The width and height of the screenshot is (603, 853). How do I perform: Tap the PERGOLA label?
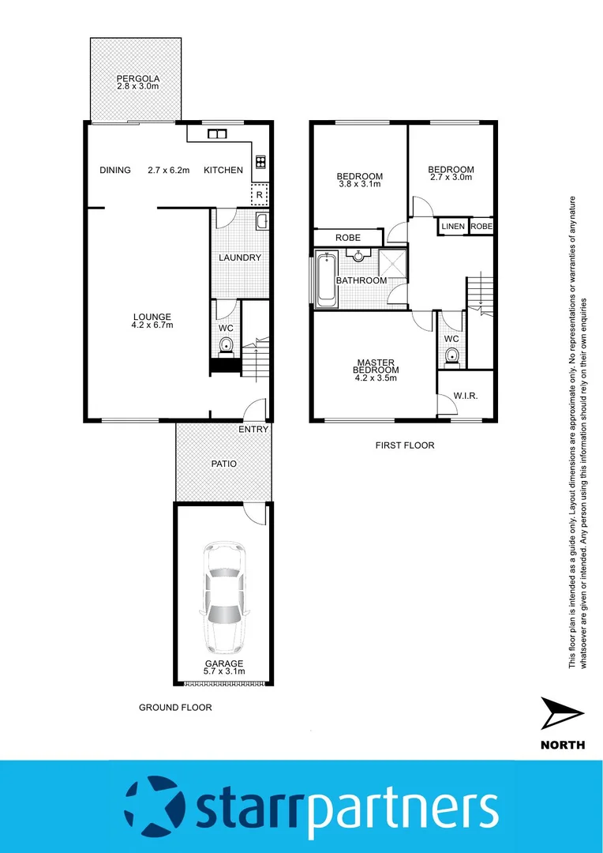(x=138, y=79)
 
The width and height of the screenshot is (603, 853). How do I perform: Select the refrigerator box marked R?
(x=259, y=194)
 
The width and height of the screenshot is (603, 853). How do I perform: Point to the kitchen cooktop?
(x=260, y=163)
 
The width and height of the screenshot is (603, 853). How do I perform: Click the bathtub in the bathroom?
(x=325, y=280)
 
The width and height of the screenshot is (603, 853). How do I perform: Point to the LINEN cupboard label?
(x=453, y=227)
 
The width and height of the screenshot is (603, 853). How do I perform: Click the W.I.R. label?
(x=465, y=396)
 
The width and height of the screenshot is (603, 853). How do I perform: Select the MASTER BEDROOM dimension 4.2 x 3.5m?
(x=376, y=378)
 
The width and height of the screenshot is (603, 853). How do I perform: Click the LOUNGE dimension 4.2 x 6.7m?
(x=152, y=325)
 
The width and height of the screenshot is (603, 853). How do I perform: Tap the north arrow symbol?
(x=562, y=714)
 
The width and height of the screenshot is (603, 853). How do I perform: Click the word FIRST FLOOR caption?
(x=404, y=445)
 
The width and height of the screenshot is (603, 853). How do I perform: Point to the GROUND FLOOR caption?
(x=175, y=708)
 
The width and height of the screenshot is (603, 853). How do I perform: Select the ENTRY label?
(x=253, y=430)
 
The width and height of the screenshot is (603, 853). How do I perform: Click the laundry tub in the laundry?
(x=262, y=221)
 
